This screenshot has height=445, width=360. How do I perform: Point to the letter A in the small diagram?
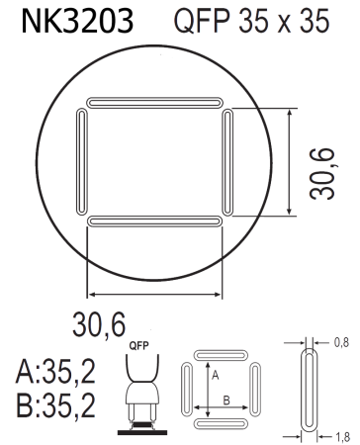213,377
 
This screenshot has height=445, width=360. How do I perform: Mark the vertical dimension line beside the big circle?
289,162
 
